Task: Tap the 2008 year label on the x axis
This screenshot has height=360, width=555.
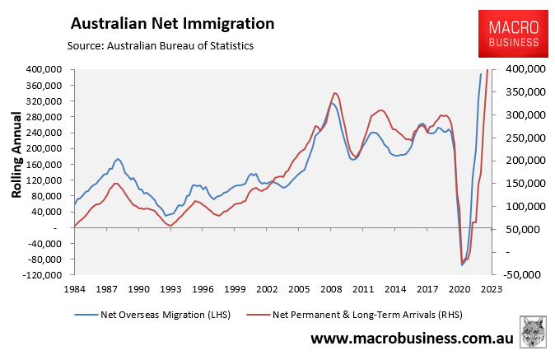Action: click(332, 289)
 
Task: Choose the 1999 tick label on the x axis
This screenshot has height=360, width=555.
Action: click(235, 289)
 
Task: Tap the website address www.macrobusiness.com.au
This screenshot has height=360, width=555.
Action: click(411, 339)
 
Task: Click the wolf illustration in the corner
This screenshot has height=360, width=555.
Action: click(534, 331)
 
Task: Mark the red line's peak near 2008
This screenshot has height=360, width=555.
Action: click(335, 93)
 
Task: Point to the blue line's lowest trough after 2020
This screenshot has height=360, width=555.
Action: click(462, 265)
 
